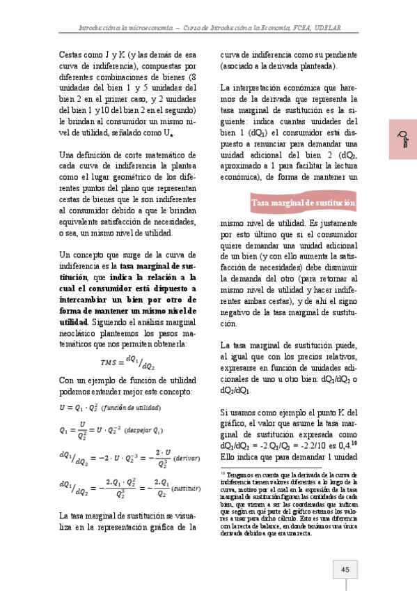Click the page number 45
345,569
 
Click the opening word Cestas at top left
72,54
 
